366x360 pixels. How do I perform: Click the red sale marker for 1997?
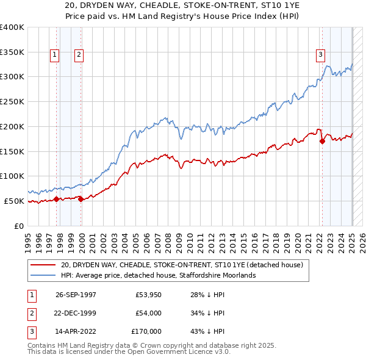(57, 199)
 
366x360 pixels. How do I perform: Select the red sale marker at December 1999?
(81, 199)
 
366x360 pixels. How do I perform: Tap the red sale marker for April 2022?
(321, 141)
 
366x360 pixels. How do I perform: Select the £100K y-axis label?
(13, 176)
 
